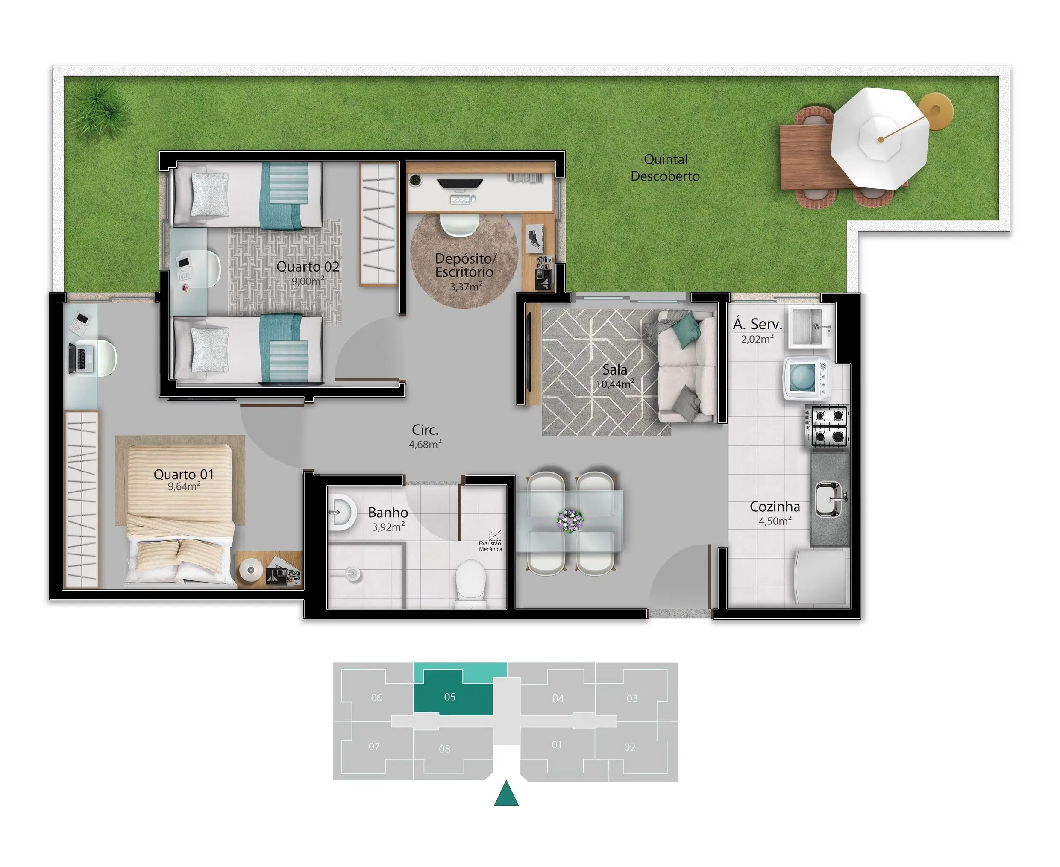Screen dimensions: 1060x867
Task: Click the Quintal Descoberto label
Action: pos(665,168)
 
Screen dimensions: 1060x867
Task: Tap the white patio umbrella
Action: pos(880,138)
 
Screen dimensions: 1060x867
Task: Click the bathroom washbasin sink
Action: pos(342,513)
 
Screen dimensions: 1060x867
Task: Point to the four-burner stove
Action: pos(827,426)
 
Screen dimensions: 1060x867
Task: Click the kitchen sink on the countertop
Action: pos(830,499)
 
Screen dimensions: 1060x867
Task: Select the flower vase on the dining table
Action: pos(570,520)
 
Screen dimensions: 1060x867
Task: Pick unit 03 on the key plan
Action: pos(632,698)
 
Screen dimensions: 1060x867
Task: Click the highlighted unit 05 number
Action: pos(449,697)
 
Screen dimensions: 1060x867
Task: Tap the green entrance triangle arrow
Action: pos(506,793)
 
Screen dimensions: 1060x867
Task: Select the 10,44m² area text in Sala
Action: pos(615,384)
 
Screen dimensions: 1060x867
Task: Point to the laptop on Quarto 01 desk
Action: pos(80,359)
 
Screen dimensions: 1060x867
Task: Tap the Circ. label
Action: pos(425,430)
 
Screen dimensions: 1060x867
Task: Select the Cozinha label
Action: pos(775,507)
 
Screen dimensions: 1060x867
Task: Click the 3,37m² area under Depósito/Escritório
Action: pos(466,286)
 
